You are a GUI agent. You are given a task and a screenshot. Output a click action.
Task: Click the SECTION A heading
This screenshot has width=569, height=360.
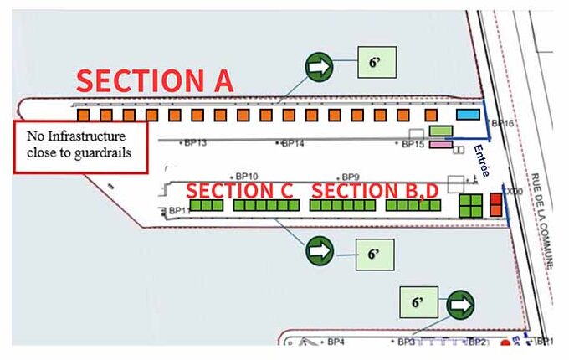tap(155, 80)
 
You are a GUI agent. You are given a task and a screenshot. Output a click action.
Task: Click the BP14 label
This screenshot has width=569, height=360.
tap(293, 144)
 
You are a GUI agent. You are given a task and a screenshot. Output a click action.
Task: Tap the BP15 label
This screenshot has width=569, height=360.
tap(413, 144)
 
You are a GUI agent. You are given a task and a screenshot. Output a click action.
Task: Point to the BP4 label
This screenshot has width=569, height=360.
tap(336, 342)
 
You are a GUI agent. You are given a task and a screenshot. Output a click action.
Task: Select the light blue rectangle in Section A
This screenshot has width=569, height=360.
tap(466, 114)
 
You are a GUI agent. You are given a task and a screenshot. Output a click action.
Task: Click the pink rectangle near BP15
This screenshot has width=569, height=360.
tap(440, 145)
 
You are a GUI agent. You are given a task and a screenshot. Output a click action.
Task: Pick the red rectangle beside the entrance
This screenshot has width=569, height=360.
tap(495, 203)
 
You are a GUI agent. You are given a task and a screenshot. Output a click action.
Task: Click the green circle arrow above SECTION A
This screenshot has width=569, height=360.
tap(319, 67)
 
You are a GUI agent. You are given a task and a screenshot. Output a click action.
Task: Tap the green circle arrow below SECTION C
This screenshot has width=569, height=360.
tap(319, 249)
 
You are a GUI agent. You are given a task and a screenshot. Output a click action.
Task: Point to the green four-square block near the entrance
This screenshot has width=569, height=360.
tap(471, 205)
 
